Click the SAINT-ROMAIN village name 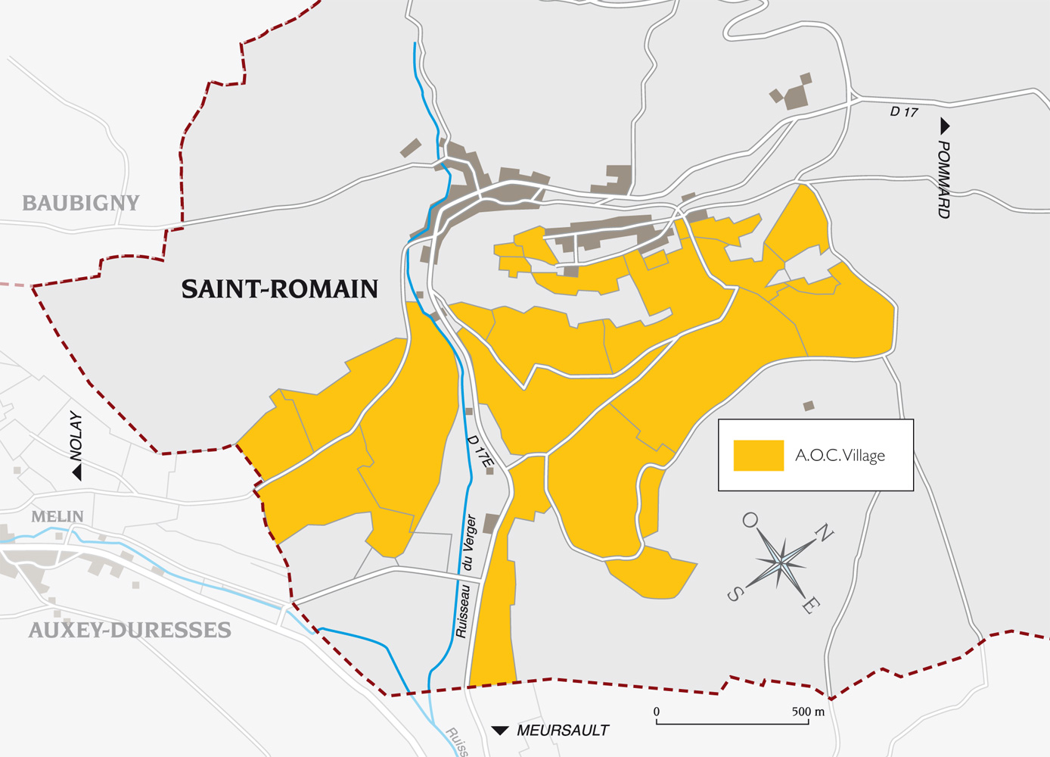[x=279, y=289]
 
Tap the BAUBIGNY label [x=81, y=203]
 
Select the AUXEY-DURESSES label [x=129, y=631]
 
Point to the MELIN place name [x=57, y=516]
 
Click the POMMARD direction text [x=943, y=179]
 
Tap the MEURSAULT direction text [x=563, y=731]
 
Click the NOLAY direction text [x=76, y=436]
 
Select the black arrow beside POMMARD [x=944, y=126]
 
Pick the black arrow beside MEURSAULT [x=500, y=731]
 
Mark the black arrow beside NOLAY [x=76, y=472]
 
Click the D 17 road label [x=903, y=112]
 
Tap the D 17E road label [x=480, y=450]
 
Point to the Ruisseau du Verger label [x=466, y=575]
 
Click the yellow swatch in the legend [x=758, y=456]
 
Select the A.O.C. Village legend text [x=840, y=456]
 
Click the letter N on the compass [x=824, y=533]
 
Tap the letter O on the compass [x=750, y=519]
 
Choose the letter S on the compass [x=734, y=594]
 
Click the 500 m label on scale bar [x=808, y=712]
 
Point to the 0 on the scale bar [x=657, y=712]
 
